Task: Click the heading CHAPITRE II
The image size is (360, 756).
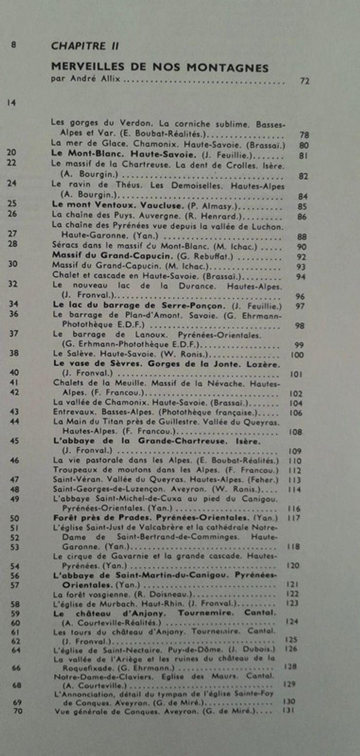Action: [85, 46]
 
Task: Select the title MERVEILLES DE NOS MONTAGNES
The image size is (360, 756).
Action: [159, 67]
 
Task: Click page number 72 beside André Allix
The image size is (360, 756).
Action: [304, 81]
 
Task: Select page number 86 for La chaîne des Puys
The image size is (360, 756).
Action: [302, 217]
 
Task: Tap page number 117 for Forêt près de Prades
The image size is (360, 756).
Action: [294, 518]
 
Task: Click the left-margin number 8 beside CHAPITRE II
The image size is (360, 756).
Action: [13, 45]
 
